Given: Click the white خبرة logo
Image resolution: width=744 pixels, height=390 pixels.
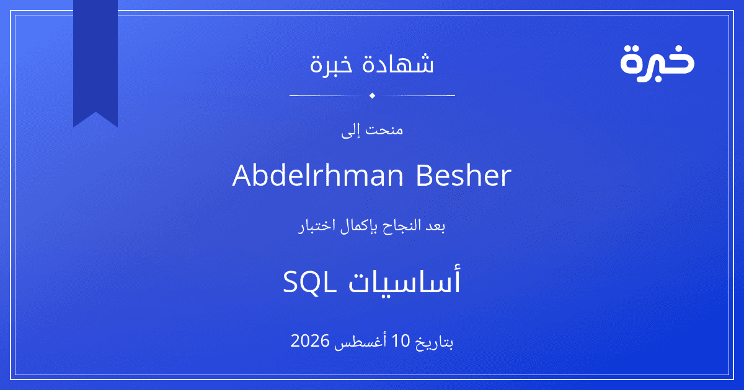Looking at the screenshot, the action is [657, 64].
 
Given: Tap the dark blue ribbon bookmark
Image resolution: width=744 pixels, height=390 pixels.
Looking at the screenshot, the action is [95, 59].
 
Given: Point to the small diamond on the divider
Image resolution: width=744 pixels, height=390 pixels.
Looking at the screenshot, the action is [373, 95].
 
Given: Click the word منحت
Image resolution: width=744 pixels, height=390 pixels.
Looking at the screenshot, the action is [384, 129].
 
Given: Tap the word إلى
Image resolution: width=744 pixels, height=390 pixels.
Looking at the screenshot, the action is [351, 131].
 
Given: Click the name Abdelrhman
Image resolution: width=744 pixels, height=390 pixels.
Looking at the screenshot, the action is [318, 175].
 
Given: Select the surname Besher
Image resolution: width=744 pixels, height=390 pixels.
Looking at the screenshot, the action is [464, 175].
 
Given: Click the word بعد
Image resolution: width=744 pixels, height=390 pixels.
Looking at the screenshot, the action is [435, 226].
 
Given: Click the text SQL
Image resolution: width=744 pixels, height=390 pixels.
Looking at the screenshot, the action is [309, 281].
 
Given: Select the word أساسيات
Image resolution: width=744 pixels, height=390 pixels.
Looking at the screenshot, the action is [404, 280].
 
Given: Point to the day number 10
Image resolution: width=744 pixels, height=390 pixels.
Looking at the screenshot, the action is [401, 341].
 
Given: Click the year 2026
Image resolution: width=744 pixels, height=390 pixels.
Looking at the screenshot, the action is [310, 341].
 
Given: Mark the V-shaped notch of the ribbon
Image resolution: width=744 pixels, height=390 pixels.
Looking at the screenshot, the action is [95, 112].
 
